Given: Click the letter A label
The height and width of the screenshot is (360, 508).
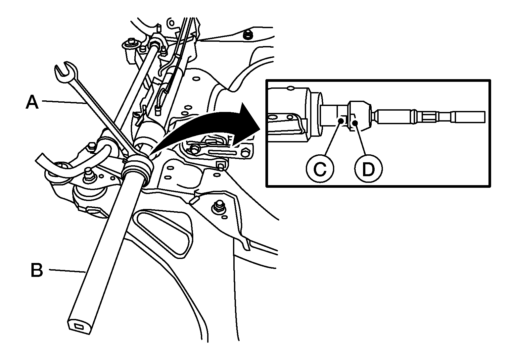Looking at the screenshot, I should tap(32, 102).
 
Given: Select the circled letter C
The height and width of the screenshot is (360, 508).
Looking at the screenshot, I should tap(320, 169).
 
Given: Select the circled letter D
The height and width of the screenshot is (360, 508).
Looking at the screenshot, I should tap(368, 169).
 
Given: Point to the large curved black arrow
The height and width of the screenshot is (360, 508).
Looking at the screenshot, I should tap(212, 124).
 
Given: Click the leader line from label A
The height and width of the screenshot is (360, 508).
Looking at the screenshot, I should tap(66, 103).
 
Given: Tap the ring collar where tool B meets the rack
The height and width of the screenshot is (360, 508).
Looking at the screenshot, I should tap(137, 169).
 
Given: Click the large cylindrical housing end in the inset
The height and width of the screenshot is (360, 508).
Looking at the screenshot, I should tap(291, 114).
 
